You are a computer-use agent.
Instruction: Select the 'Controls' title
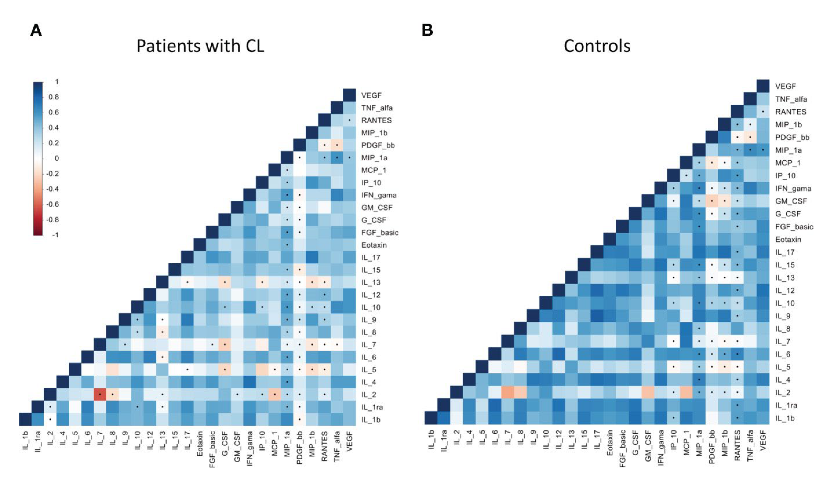(x=597, y=46)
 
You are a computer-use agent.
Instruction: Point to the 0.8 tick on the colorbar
(x=54, y=97)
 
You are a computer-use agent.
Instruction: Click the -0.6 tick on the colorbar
(x=52, y=204)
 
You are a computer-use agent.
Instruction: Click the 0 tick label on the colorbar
(x=57, y=158)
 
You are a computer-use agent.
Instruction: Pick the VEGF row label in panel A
(x=371, y=95)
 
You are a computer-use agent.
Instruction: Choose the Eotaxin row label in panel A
(x=374, y=245)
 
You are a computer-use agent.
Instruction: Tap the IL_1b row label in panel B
(x=785, y=418)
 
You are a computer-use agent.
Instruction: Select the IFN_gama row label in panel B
(x=793, y=188)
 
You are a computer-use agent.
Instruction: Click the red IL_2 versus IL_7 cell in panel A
(x=100, y=394)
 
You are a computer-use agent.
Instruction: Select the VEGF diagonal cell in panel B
(x=763, y=86)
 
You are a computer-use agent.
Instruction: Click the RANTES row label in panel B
(x=791, y=112)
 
